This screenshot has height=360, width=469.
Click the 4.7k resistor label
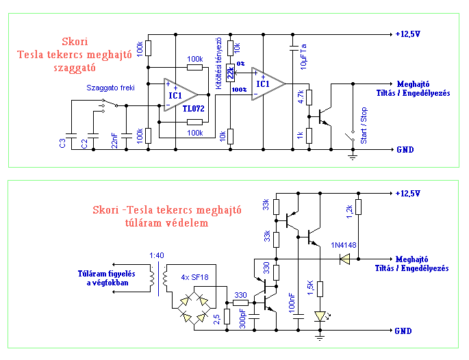click(x=301, y=97)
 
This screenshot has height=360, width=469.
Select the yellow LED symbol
click(x=320, y=316)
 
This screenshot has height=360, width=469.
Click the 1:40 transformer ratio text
click(x=157, y=257)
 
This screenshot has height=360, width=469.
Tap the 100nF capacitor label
click(x=292, y=304)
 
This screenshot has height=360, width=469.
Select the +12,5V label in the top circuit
click(x=409, y=34)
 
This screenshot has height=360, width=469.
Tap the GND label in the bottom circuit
click(x=403, y=331)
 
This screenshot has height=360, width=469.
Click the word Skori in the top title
click(x=75, y=40)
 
